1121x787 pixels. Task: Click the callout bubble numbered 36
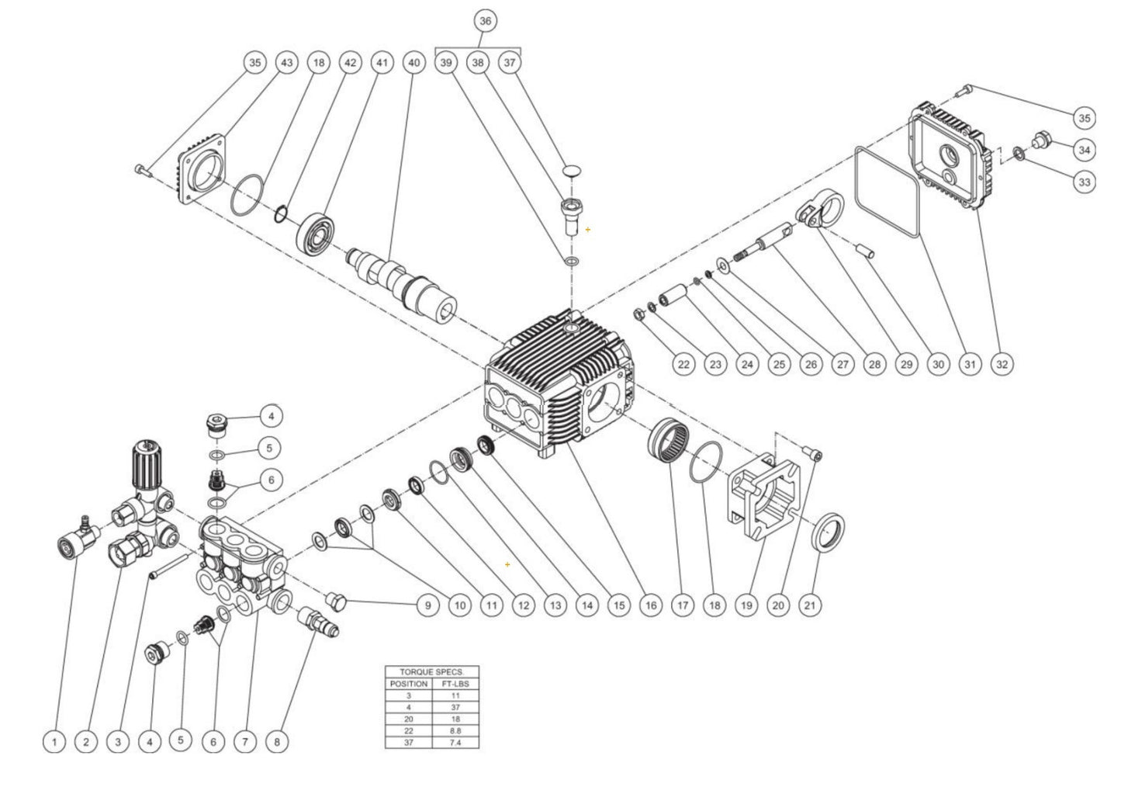coord(485,21)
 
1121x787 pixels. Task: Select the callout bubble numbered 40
coord(413,63)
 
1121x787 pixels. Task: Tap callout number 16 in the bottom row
coord(649,605)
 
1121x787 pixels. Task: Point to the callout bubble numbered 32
coord(1002,363)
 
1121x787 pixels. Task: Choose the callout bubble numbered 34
coord(1084,148)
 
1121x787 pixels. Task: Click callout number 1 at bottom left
coord(54,742)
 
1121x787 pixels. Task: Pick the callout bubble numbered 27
coord(842,363)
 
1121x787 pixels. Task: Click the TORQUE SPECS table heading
coord(431,672)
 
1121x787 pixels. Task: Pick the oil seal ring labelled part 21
coord(829,533)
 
